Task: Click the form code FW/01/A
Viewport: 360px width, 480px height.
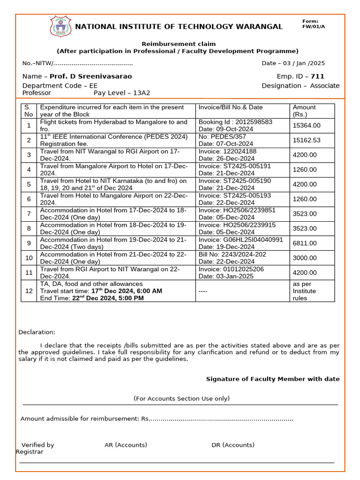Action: pyautogui.click(x=314, y=27)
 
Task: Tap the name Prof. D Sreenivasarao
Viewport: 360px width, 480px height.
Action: pyautogui.click(x=91, y=76)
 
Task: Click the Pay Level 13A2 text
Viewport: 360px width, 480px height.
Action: pyautogui.click(x=122, y=93)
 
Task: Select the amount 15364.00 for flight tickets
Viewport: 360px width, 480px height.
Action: pyautogui.click(x=307, y=125)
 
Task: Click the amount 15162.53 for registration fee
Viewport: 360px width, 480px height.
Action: pyautogui.click(x=307, y=140)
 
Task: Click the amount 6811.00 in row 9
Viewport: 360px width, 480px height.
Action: pyautogui.click(x=305, y=243)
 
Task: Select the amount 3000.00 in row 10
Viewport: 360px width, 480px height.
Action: pyautogui.click(x=305, y=258)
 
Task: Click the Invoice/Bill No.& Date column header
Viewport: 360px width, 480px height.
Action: pyautogui.click(x=231, y=107)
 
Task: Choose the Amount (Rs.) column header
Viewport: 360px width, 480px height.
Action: pyautogui.click(x=304, y=111)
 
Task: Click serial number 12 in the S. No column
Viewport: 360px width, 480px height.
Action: pyautogui.click(x=29, y=291)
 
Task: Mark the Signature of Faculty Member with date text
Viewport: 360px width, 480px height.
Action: pyautogui.click(x=273, y=379)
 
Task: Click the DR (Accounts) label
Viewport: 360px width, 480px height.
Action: pyautogui.click(x=233, y=445)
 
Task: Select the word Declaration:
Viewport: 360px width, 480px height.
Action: pyautogui.click(x=37, y=332)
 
